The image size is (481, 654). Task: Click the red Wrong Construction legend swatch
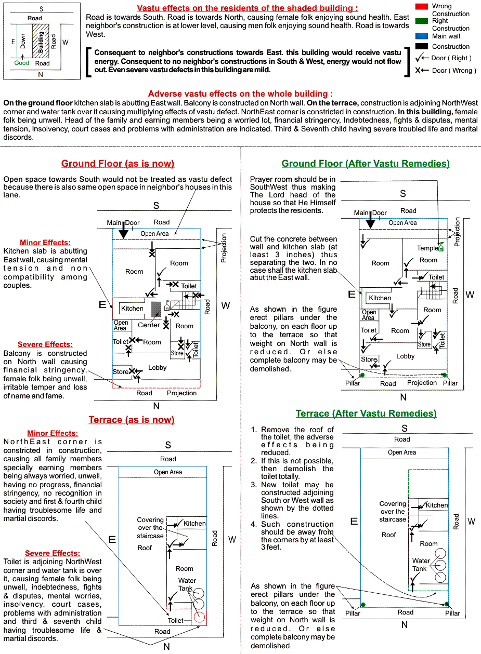click(x=421, y=6)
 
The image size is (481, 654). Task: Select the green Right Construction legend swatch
click(x=421, y=21)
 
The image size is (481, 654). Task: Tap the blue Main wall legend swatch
click(x=421, y=36)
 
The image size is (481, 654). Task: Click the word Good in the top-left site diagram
click(x=22, y=63)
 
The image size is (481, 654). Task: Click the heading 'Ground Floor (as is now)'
click(x=118, y=164)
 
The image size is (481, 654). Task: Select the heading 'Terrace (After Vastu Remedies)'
click(x=366, y=413)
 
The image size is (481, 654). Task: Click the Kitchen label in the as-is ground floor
click(x=132, y=308)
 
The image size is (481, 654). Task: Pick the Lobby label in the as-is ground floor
click(x=157, y=367)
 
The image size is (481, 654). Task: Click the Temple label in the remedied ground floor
click(x=427, y=248)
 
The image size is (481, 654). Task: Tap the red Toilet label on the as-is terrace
click(x=175, y=620)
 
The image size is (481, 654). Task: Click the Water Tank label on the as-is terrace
click(x=187, y=584)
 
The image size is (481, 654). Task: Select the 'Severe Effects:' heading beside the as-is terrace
click(x=53, y=553)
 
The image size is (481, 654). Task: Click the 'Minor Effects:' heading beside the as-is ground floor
click(x=45, y=243)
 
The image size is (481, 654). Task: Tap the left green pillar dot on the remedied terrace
click(x=363, y=604)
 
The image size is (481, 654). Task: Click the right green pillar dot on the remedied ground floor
click(x=445, y=375)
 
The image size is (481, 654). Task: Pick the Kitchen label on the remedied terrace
click(x=437, y=505)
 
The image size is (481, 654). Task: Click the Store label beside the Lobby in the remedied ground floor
click(x=369, y=359)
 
